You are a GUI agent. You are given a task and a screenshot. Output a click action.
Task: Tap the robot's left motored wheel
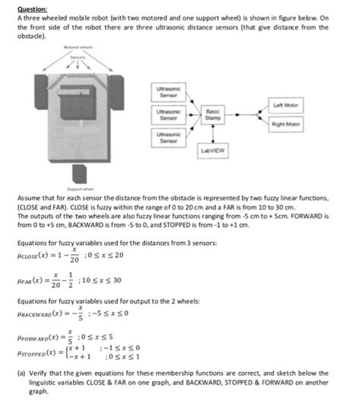(41, 89)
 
